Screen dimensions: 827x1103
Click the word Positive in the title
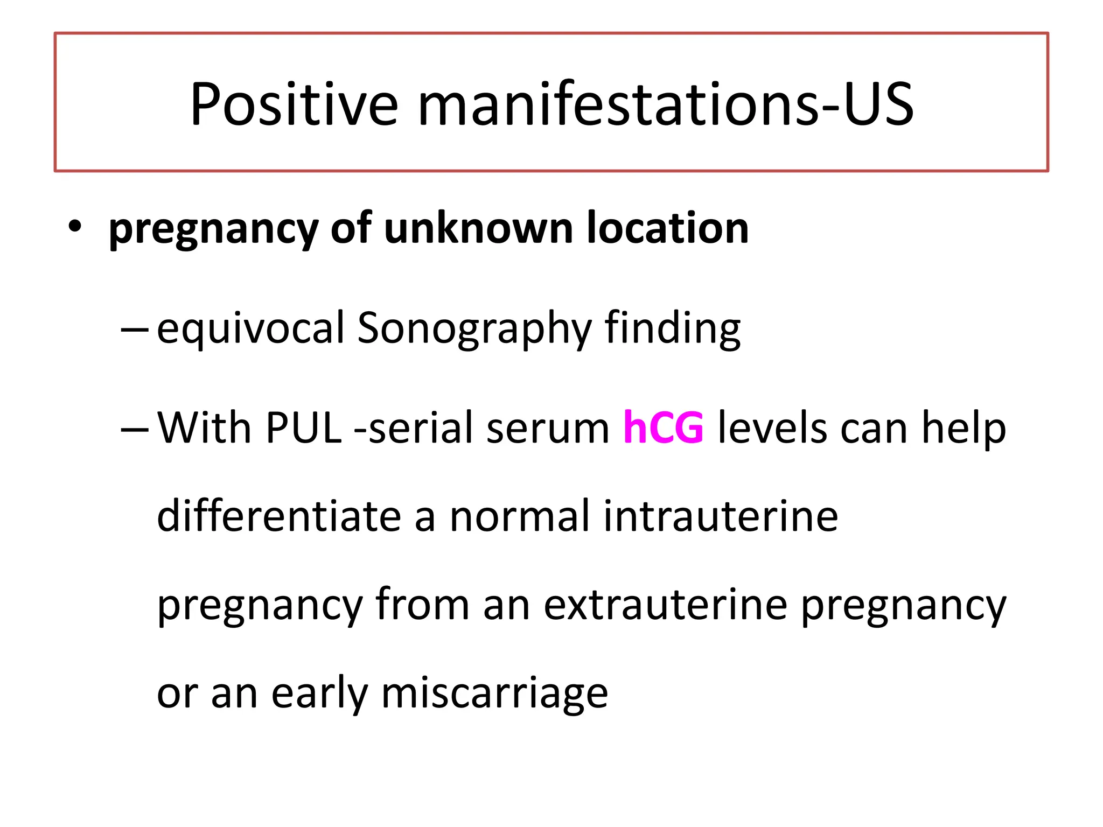[x=294, y=104]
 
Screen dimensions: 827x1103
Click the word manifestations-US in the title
[x=666, y=104]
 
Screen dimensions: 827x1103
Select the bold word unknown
[x=478, y=228]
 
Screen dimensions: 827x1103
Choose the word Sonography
[x=474, y=328]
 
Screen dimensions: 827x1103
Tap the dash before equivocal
[x=135, y=328]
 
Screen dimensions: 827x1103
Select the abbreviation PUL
[x=304, y=429]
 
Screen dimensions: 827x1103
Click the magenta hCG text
[x=663, y=429]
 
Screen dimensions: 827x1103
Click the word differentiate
[x=279, y=516]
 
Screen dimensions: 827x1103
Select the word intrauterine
[x=720, y=516]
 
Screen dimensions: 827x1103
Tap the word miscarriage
[x=494, y=693]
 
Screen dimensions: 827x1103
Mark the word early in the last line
[x=320, y=693]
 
